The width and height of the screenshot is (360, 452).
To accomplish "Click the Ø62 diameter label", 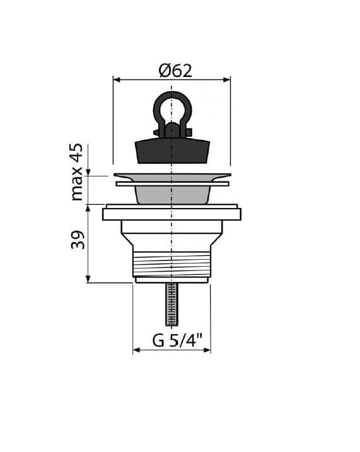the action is point(175,71).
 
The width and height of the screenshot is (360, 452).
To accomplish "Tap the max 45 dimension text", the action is point(77,172).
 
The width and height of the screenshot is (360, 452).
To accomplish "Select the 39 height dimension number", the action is point(78,240).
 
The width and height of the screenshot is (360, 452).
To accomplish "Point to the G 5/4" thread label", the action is point(177,340).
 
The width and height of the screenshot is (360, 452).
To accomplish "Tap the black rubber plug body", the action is point(172,151).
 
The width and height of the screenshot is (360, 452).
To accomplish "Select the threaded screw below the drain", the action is point(171,304).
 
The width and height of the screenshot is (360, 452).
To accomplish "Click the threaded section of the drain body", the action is point(171,264).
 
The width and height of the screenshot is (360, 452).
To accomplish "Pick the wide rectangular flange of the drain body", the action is point(171,214).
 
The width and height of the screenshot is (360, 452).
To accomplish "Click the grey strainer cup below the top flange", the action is point(172,195).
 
